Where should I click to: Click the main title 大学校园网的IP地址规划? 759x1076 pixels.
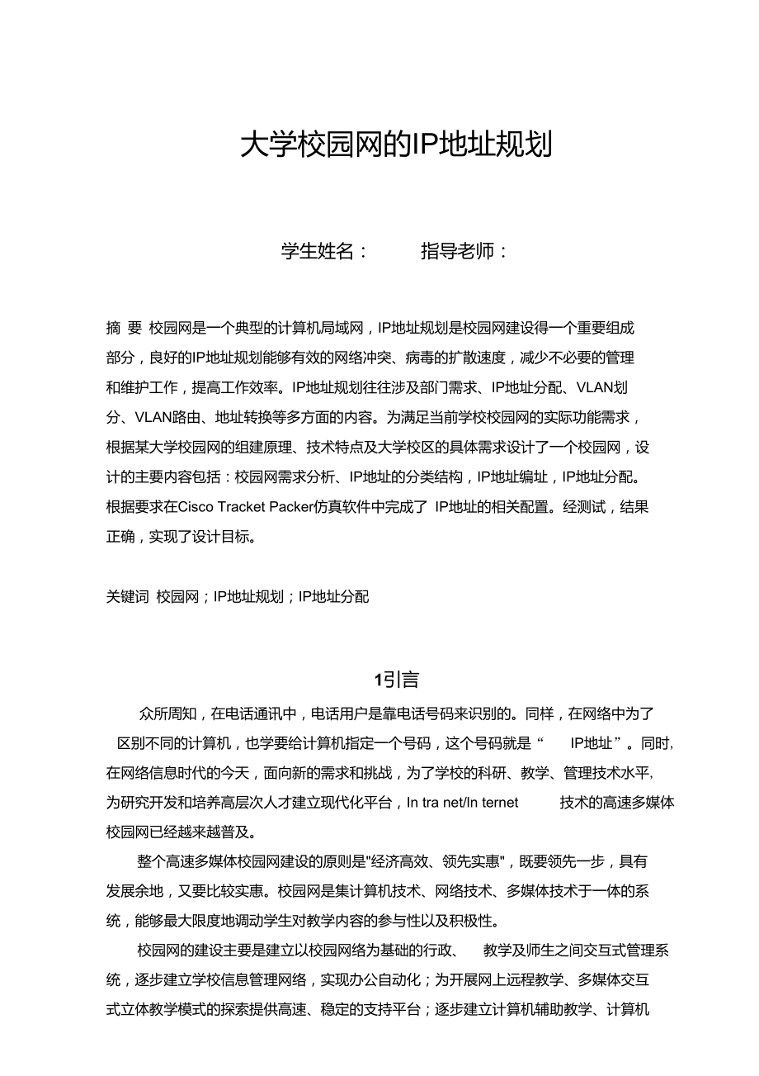tap(396, 145)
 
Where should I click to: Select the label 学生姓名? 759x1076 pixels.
tap(318, 251)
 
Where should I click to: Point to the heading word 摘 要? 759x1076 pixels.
tap(124, 328)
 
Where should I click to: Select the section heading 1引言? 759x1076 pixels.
tap(396, 680)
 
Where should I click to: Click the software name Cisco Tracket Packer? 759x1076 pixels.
tap(231, 507)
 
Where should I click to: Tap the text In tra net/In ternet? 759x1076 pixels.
tap(462, 802)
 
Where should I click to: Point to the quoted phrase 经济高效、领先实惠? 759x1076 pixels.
tap(449, 861)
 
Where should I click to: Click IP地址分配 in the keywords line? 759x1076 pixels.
tap(333, 596)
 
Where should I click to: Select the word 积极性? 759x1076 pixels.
tap(476, 921)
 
